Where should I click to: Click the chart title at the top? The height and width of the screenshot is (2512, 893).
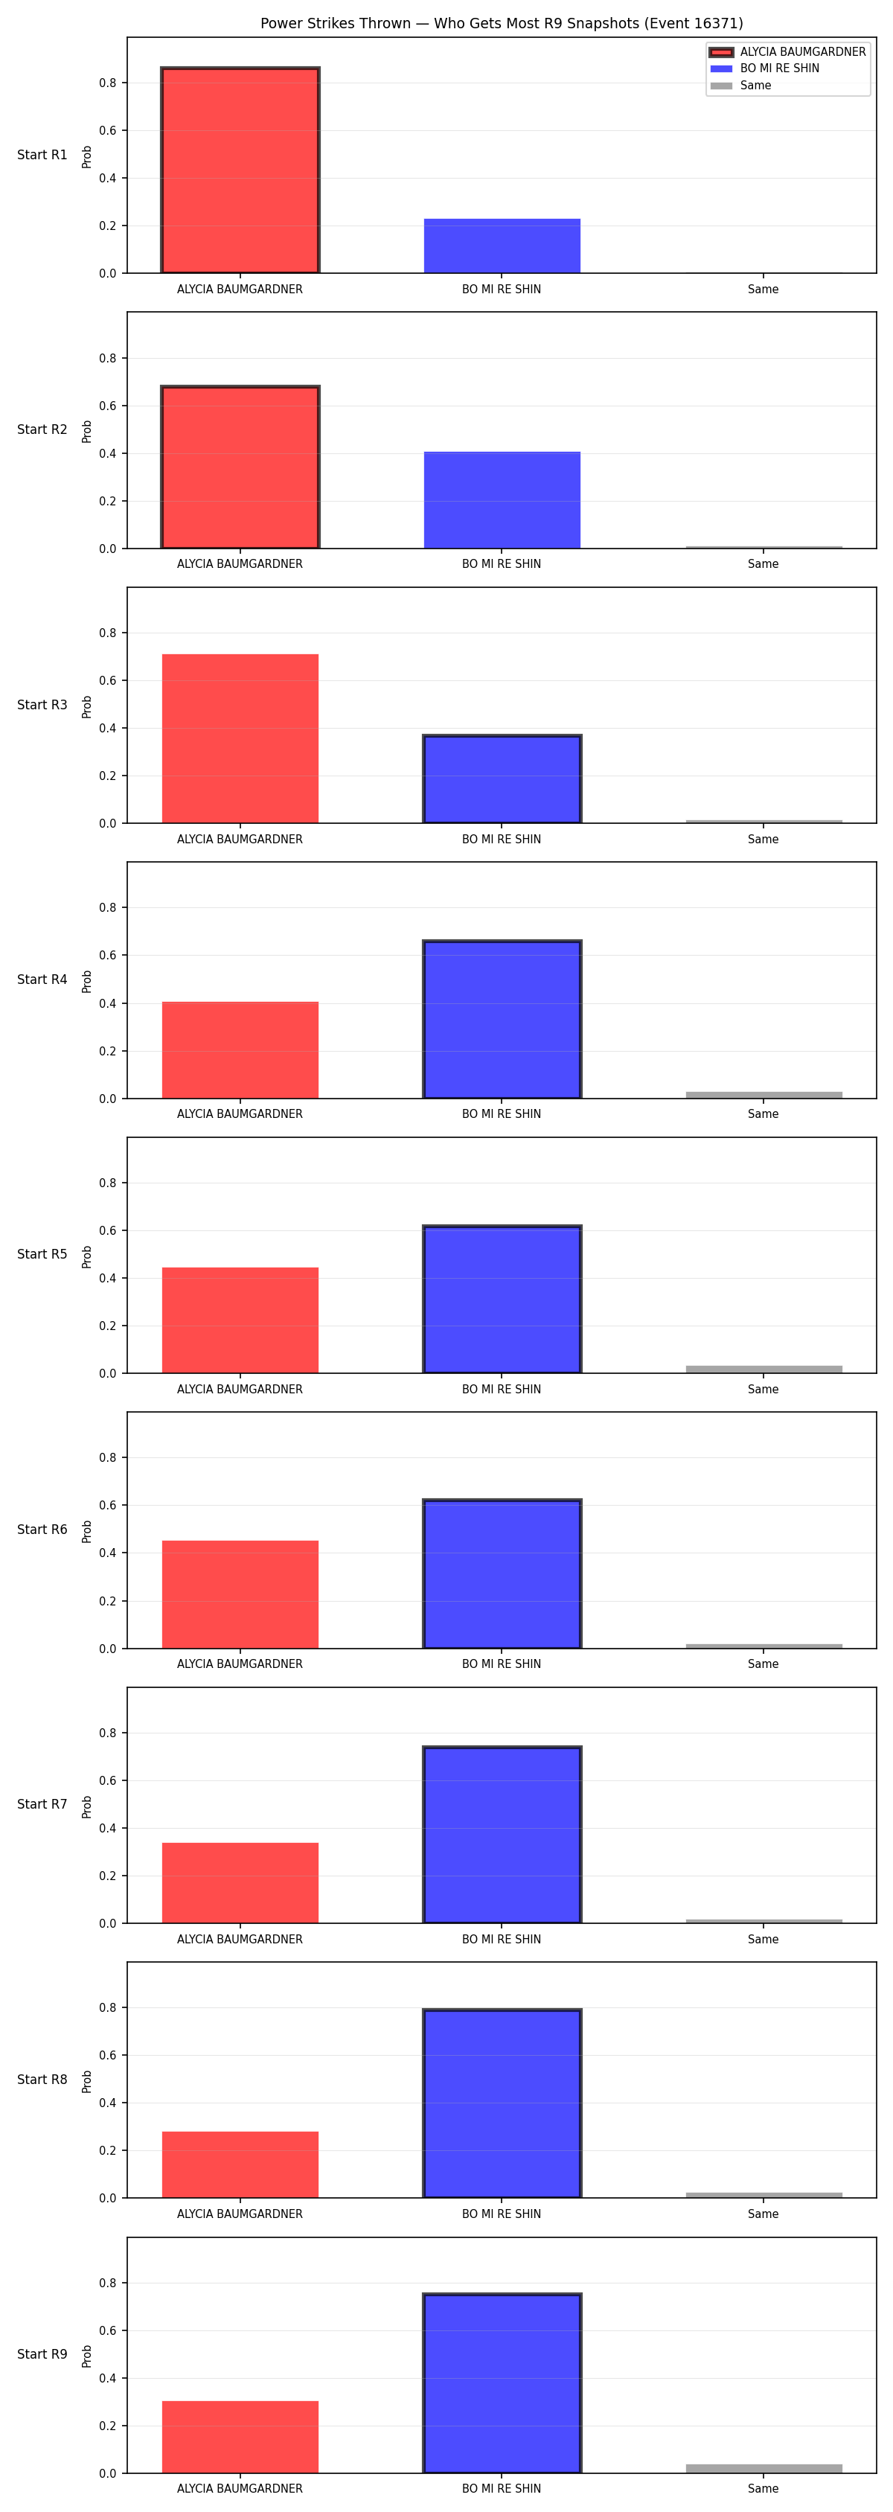pos(501,23)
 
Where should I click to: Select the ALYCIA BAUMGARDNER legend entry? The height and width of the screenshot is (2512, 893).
pos(788,51)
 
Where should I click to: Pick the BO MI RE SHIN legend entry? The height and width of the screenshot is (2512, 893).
pos(765,68)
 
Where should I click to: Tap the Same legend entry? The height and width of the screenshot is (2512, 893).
pos(741,86)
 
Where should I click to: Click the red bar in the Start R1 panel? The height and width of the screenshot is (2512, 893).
pos(240,170)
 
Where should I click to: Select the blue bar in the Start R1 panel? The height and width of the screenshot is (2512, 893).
pos(502,246)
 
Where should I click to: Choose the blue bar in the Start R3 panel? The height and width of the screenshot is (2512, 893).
pos(502,779)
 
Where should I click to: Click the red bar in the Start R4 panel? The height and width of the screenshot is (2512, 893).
pos(240,1050)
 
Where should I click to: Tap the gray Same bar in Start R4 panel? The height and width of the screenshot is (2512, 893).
pos(764,1095)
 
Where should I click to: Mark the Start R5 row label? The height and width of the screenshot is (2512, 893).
pos(42,1254)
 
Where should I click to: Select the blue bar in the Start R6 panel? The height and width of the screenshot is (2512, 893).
pos(502,1574)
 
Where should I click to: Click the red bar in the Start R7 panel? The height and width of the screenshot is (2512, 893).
pos(240,1883)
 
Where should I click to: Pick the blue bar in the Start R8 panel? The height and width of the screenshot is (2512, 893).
pos(502,2103)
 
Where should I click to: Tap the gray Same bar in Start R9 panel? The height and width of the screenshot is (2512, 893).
pos(764,2468)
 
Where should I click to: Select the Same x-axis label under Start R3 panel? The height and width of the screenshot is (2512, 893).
pos(764,840)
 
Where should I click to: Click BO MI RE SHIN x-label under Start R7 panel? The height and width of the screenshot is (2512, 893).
pos(501,1940)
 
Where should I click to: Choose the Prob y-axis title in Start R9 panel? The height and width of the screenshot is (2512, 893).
pos(87,2356)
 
